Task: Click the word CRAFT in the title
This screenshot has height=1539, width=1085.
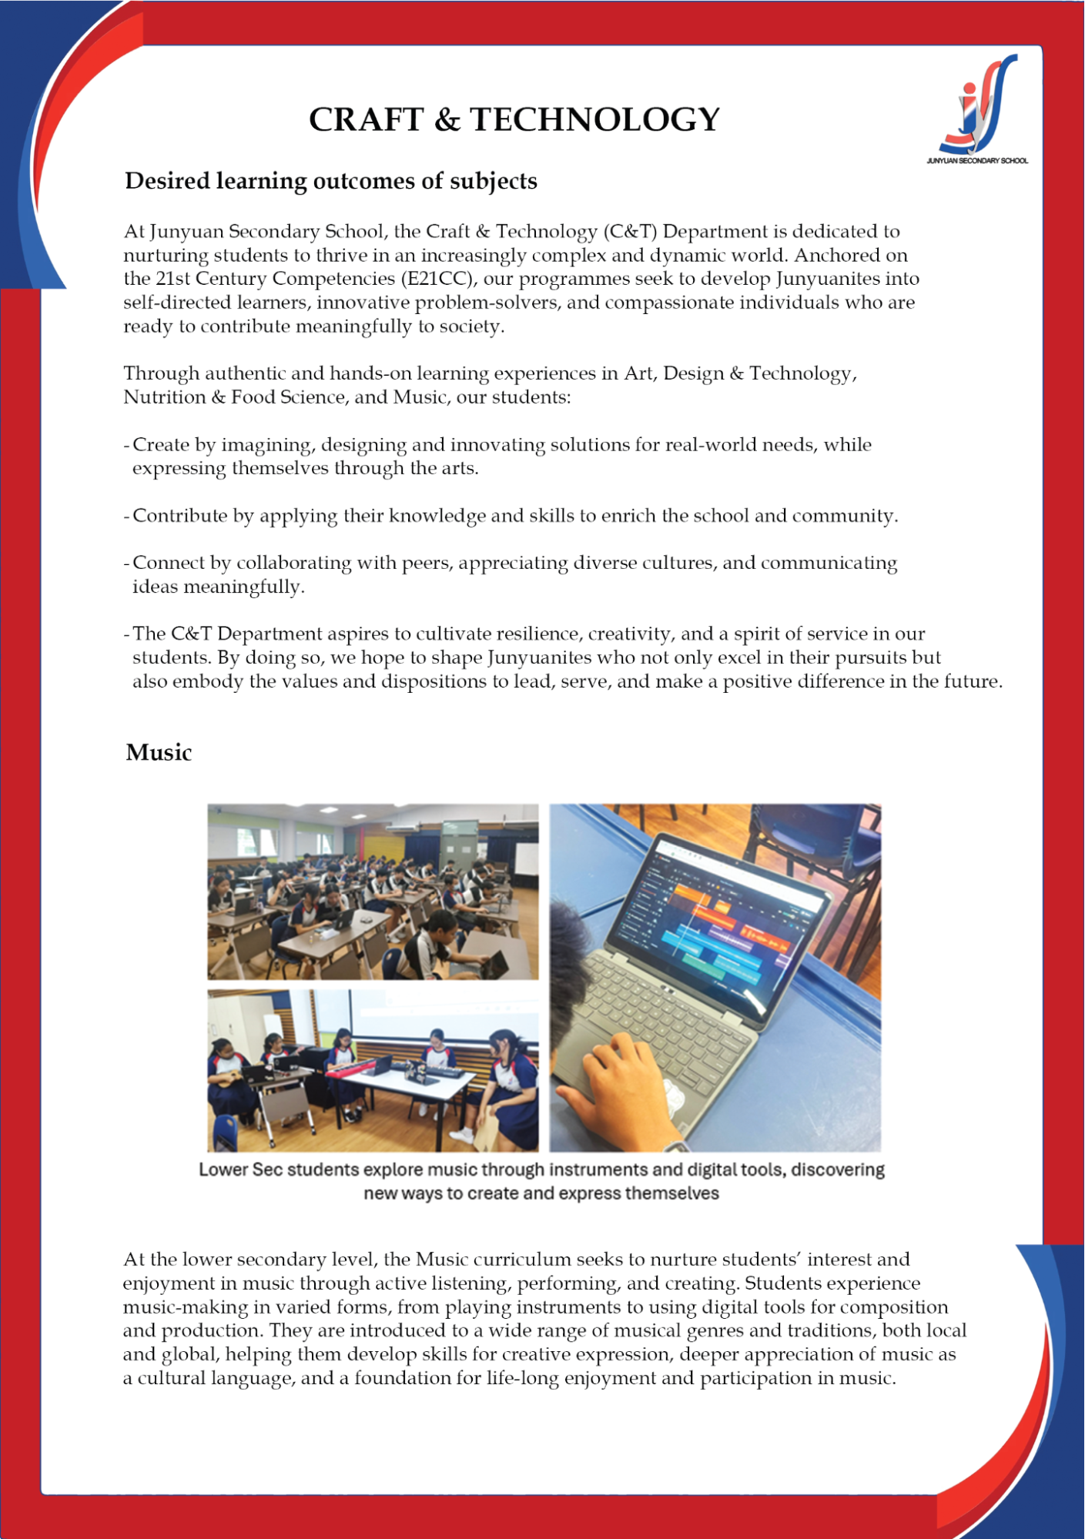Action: coord(366,120)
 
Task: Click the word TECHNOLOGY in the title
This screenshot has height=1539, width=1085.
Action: coord(594,120)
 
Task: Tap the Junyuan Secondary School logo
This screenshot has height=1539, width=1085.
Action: coord(977,109)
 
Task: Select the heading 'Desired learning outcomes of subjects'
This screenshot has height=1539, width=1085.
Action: coord(330,181)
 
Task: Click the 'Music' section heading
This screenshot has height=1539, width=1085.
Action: coord(159,752)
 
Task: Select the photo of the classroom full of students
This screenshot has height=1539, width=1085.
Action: coord(373,891)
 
